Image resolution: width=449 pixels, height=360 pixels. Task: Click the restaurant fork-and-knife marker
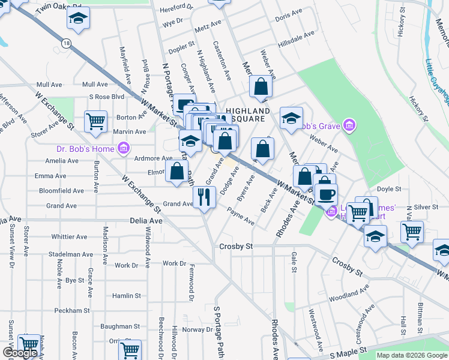point(204,196)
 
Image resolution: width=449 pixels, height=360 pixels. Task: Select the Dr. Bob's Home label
point(85,148)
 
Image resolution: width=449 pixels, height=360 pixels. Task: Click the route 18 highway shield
point(66,43)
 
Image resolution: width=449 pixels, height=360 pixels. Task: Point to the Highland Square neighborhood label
point(247,115)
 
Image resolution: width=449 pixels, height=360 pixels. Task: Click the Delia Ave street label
point(146,221)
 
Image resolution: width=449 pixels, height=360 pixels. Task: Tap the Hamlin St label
point(126,296)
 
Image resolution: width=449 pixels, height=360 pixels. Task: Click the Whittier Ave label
point(70,236)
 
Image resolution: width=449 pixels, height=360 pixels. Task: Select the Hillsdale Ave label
point(297,35)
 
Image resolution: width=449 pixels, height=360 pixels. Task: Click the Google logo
point(20,353)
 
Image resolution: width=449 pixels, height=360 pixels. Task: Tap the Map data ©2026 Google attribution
point(412,355)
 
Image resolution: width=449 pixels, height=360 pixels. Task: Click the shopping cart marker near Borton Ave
point(95,121)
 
